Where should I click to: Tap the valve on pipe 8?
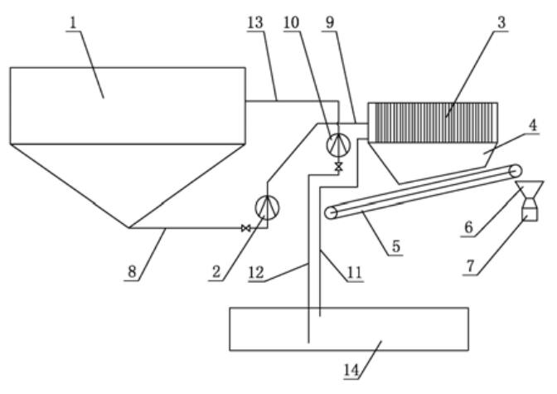pyautogui.click(x=245, y=228)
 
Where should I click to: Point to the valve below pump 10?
pyautogui.click(x=338, y=167)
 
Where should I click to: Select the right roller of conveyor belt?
pyautogui.click(x=516, y=169)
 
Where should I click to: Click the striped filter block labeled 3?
pyautogui.click(x=433, y=121)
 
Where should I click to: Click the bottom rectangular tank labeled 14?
pyautogui.click(x=348, y=329)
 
